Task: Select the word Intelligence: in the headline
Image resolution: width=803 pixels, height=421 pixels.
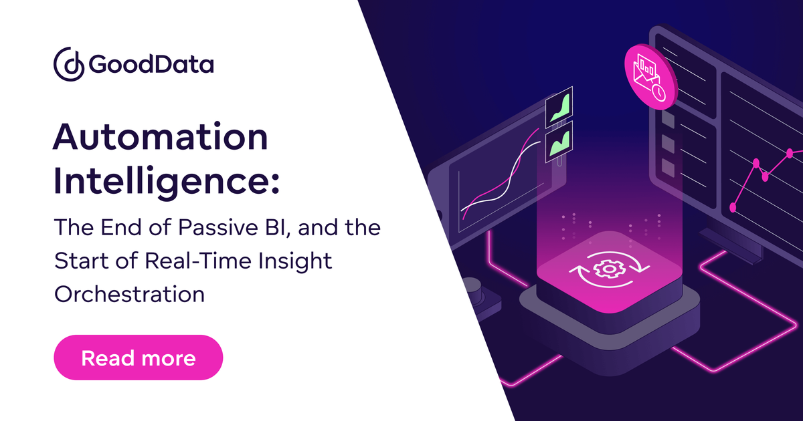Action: (166, 182)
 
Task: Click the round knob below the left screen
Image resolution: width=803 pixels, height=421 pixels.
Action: (474, 287)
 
